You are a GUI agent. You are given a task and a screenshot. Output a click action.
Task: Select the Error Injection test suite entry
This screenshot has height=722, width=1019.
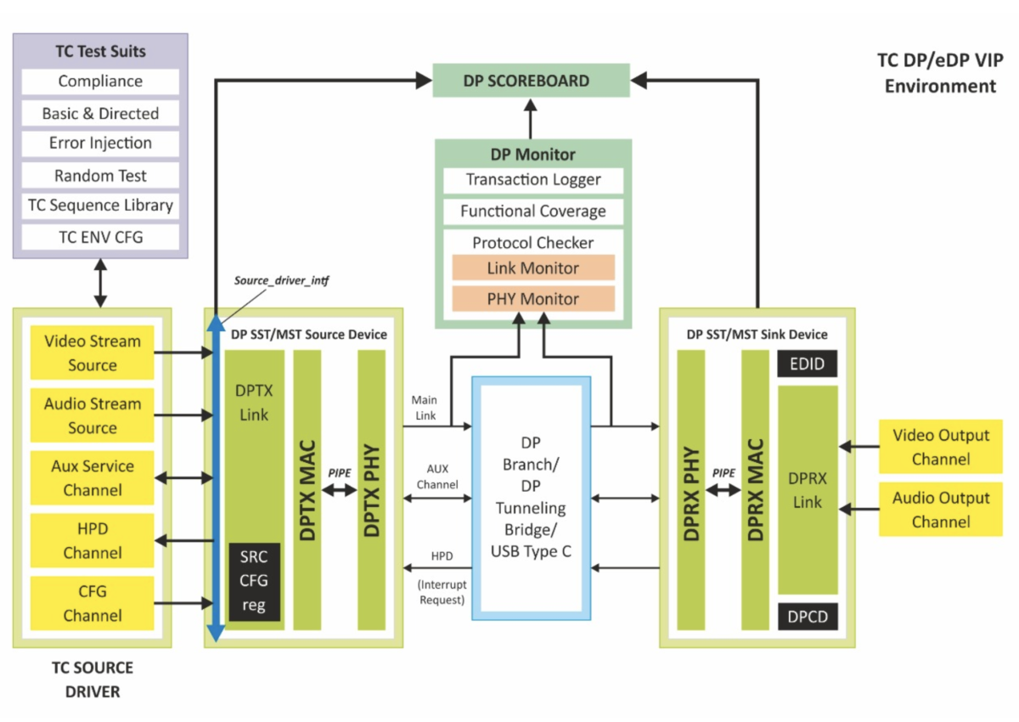(100, 144)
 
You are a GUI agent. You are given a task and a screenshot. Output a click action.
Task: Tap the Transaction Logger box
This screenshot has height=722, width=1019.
(533, 180)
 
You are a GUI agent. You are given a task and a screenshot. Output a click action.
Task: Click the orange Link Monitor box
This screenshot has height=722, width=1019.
(533, 268)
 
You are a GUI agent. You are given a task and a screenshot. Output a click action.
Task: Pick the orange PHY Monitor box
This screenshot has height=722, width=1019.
(533, 299)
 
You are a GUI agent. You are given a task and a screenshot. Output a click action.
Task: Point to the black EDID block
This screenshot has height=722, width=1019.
(807, 364)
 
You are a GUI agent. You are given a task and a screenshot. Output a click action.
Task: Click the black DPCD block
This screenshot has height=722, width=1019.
(807, 616)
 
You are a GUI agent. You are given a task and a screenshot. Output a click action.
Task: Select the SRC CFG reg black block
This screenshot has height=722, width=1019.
(254, 581)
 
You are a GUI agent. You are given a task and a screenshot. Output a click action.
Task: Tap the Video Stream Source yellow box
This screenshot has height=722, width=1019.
(93, 353)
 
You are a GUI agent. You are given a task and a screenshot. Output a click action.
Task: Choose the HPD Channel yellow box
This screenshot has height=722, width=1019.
(93, 540)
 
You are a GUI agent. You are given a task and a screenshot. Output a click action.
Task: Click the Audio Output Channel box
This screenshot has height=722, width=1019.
(940, 510)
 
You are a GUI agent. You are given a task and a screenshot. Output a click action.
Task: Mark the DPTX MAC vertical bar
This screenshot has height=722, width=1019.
(308, 488)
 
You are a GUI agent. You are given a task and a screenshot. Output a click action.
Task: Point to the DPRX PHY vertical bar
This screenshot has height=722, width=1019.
(691, 488)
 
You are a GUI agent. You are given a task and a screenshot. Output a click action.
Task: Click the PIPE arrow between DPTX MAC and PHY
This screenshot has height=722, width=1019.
(340, 490)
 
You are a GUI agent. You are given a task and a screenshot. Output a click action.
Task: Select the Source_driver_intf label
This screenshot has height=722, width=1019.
(280, 279)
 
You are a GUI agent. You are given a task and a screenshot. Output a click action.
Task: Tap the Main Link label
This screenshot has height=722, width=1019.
(424, 407)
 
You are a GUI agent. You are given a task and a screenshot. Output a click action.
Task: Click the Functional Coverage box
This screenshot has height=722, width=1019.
(533, 212)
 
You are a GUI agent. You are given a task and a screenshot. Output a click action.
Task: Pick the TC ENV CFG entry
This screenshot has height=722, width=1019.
(100, 237)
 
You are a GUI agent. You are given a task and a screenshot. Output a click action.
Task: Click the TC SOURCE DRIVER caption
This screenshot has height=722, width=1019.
(93, 680)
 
